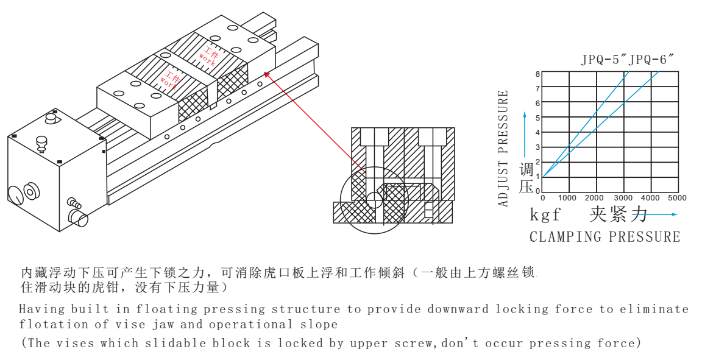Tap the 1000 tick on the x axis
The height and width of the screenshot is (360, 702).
(568, 198)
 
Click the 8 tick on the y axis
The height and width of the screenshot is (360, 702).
(537, 74)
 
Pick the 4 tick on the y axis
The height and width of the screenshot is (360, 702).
(537, 133)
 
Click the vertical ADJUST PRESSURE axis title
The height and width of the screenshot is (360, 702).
(503, 149)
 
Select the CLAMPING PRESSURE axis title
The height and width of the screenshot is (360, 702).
(604, 237)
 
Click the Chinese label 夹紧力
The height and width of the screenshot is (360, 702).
(618, 214)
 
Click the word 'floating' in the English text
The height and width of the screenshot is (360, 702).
(160, 309)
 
